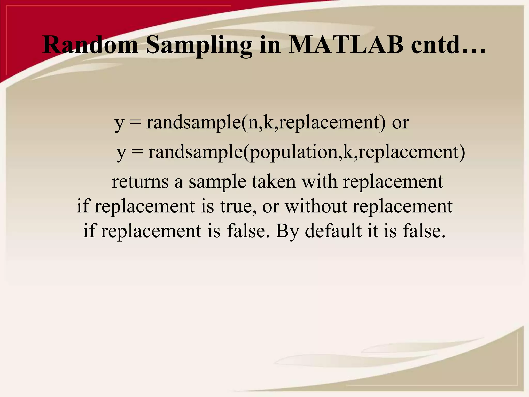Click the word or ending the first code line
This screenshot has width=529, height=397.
pos(400,123)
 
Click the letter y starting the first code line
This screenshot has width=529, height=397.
pos(119,124)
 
